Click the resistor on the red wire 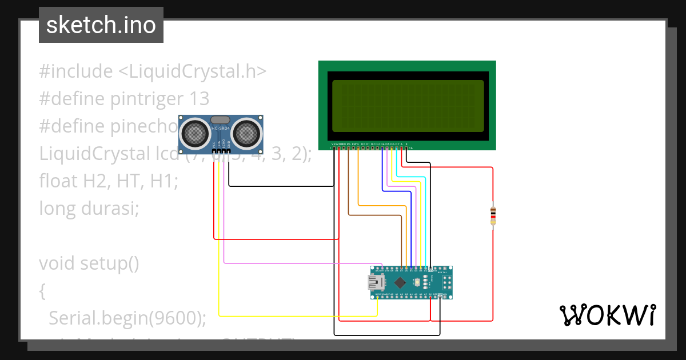click(x=493, y=216)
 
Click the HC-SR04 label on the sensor click(x=220, y=129)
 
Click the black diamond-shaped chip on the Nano click(x=400, y=282)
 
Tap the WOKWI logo click(x=607, y=315)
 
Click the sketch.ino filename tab click(x=101, y=25)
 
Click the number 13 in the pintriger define click(x=200, y=99)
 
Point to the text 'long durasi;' click(x=89, y=209)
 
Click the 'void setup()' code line click(x=89, y=263)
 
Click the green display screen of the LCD click(x=407, y=106)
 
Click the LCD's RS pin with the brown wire click(x=348, y=149)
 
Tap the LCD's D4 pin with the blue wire click(x=382, y=149)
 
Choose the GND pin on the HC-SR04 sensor click(x=229, y=151)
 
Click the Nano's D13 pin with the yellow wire click(x=377, y=297)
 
